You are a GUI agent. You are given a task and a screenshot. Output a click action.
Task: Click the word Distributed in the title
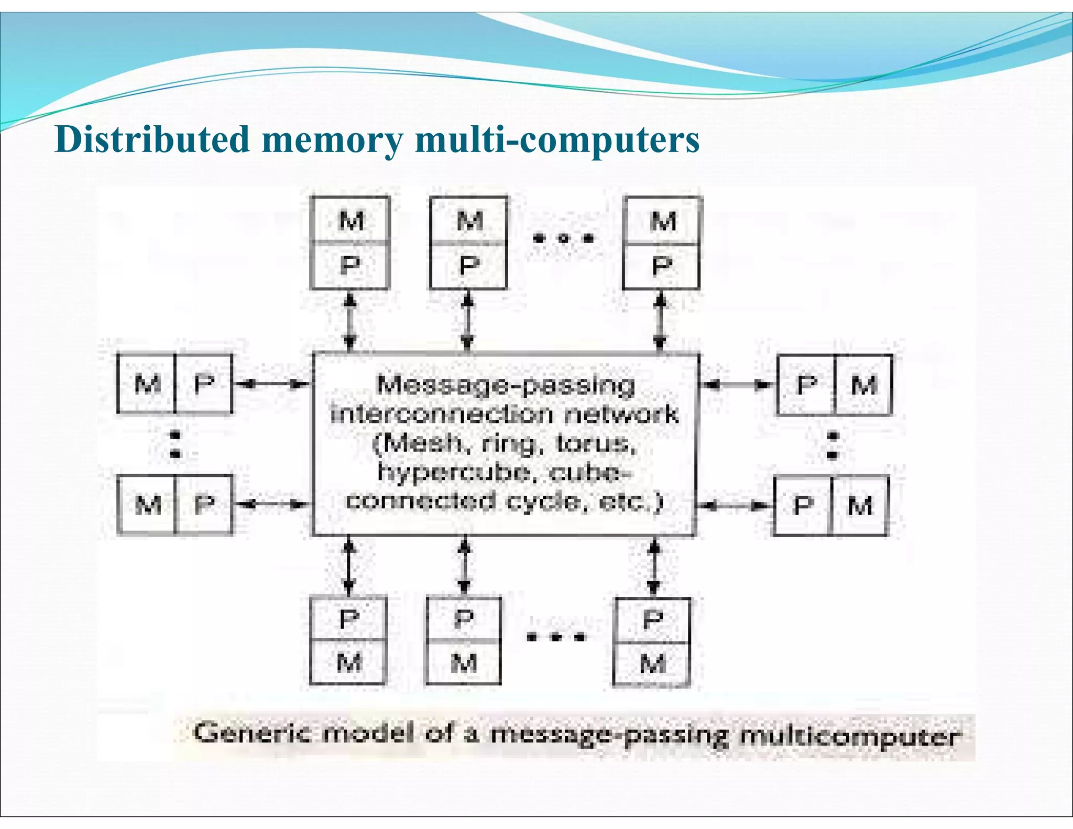pyautogui.click(x=152, y=139)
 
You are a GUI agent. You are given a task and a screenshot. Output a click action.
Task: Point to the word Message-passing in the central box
pyautogui.click(x=506, y=385)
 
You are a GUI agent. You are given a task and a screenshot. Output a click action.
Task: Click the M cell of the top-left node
pyautogui.click(x=350, y=220)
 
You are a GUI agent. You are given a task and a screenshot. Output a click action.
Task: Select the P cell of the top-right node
pyautogui.click(x=662, y=266)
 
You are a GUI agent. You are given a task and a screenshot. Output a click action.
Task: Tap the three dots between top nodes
pyautogui.click(x=563, y=238)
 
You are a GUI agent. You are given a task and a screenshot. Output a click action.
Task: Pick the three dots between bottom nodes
pyautogui.click(x=556, y=637)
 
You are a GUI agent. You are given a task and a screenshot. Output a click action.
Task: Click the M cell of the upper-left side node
pyautogui.click(x=147, y=384)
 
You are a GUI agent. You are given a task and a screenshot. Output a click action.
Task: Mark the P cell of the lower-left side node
pyautogui.click(x=204, y=505)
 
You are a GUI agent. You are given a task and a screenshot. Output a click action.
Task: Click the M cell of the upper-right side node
pyautogui.click(x=863, y=385)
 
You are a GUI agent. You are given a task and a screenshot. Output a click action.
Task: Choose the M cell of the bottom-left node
pyautogui.click(x=348, y=662)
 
